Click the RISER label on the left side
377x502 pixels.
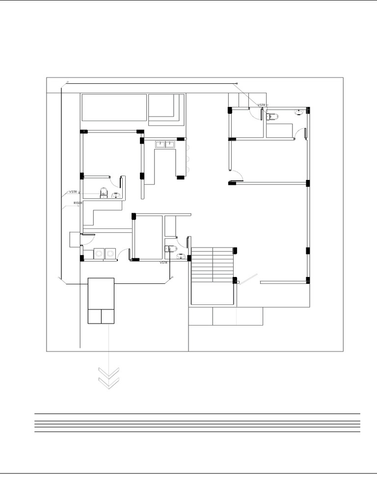coord(78,202)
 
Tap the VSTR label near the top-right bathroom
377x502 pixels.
coord(262,105)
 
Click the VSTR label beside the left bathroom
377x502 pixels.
coord(73,192)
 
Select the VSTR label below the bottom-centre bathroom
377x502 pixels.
coord(163,263)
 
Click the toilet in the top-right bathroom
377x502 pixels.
coord(273,116)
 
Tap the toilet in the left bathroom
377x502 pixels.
coord(104,192)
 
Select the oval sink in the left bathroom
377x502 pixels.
coord(116,196)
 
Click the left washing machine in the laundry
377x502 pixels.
coord(99,253)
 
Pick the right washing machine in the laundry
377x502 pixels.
coord(110,253)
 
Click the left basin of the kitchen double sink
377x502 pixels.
coord(160,144)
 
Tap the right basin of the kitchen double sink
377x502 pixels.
coord(170,144)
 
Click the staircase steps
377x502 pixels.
coord(211,265)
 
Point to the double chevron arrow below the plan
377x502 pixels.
coord(109,377)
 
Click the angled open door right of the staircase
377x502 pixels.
coord(248,278)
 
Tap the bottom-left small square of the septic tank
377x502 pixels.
coord(94,316)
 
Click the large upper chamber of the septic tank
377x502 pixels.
coord(101,293)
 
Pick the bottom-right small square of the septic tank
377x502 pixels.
coord(108,316)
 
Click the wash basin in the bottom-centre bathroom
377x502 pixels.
coord(181,256)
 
